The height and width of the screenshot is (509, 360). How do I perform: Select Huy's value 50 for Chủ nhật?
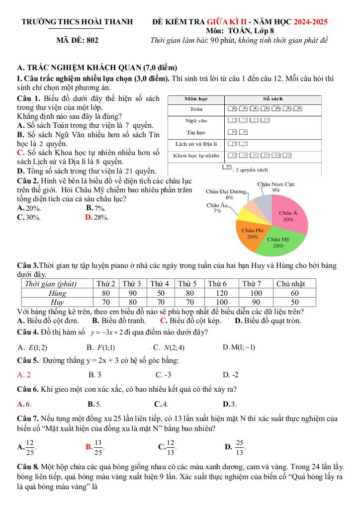[295, 302]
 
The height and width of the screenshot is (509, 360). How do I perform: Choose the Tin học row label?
[196, 133]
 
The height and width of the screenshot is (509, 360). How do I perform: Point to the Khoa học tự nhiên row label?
[196, 156]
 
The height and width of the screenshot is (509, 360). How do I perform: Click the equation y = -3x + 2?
[113, 332]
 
